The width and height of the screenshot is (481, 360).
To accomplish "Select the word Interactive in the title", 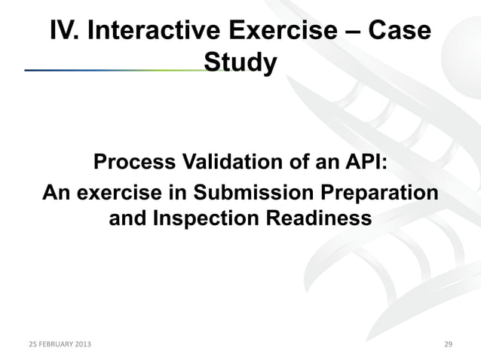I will point(152,31).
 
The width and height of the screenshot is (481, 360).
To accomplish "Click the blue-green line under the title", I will point(113,69).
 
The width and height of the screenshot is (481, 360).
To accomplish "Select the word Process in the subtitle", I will point(133,163).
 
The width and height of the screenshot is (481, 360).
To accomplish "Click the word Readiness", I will point(321,219).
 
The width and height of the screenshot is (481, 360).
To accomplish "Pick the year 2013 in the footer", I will point(84,344).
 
